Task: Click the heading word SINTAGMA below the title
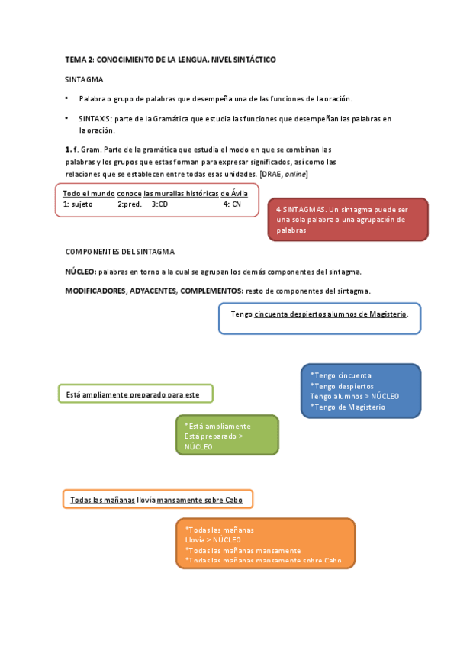(x=84, y=79)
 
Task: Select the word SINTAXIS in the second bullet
(x=95, y=119)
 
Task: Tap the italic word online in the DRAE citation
(x=295, y=174)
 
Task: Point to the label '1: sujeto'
(x=78, y=204)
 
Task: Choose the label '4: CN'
(x=232, y=204)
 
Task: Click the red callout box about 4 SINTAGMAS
(x=347, y=219)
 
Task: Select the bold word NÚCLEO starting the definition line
(x=80, y=272)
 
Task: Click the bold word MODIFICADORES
(x=95, y=291)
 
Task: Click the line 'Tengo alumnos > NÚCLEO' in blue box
(x=355, y=397)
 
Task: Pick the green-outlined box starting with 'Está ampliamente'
(x=136, y=394)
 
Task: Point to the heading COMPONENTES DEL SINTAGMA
(x=120, y=251)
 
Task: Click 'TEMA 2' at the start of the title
(x=79, y=59)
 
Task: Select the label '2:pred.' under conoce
(x=130, y=204)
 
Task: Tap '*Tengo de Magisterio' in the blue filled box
(x=348, y=407)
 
